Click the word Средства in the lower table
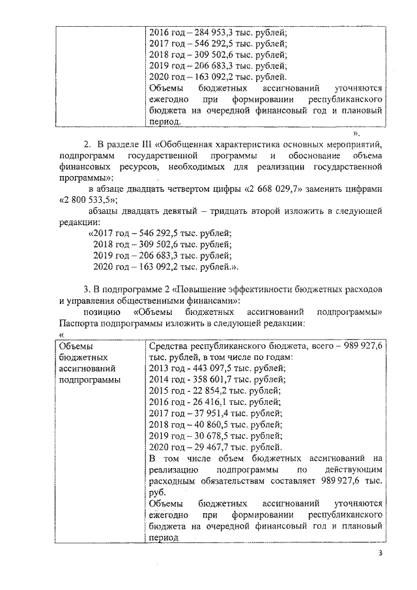pyautogui.click(x=169, y=346)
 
